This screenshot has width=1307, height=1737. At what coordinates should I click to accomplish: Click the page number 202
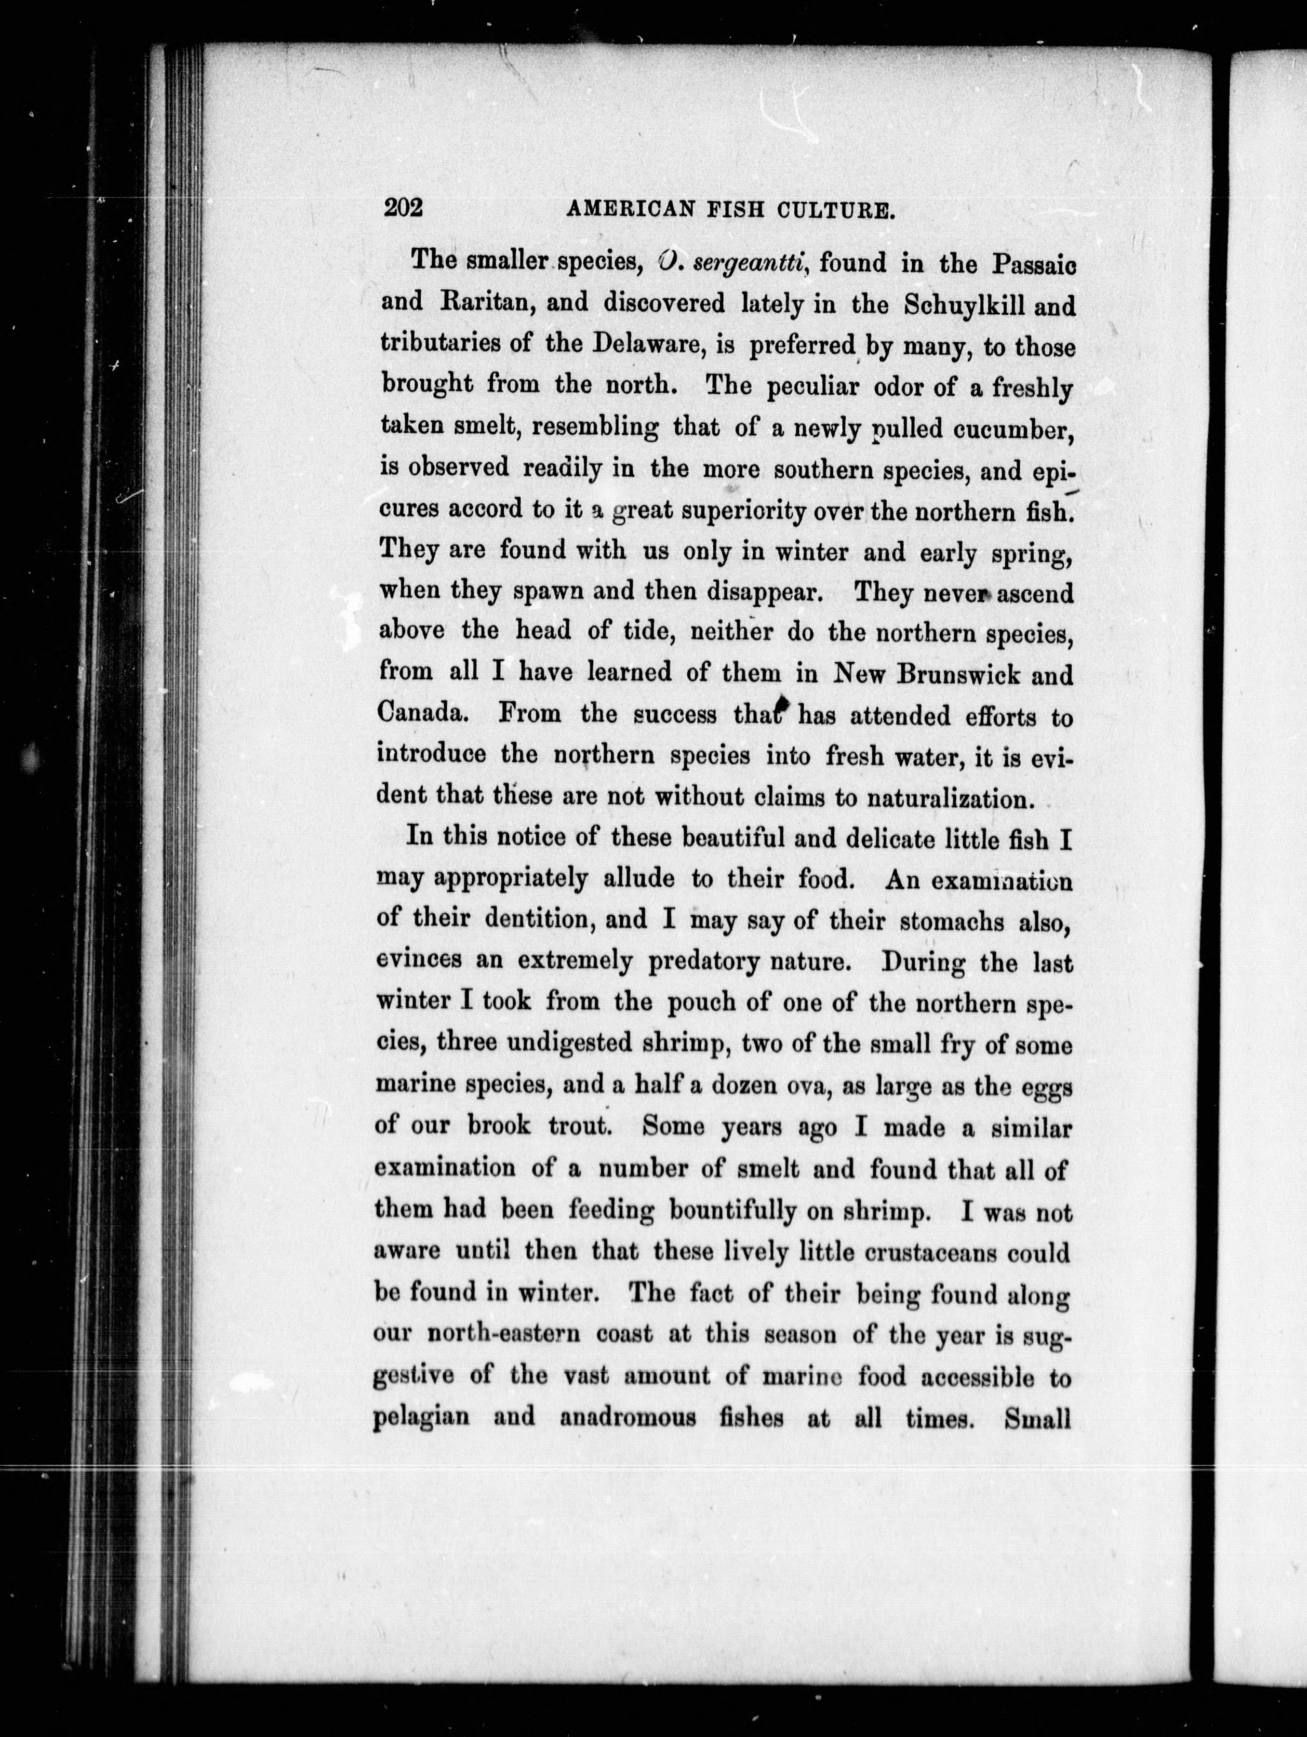click(403, 208)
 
